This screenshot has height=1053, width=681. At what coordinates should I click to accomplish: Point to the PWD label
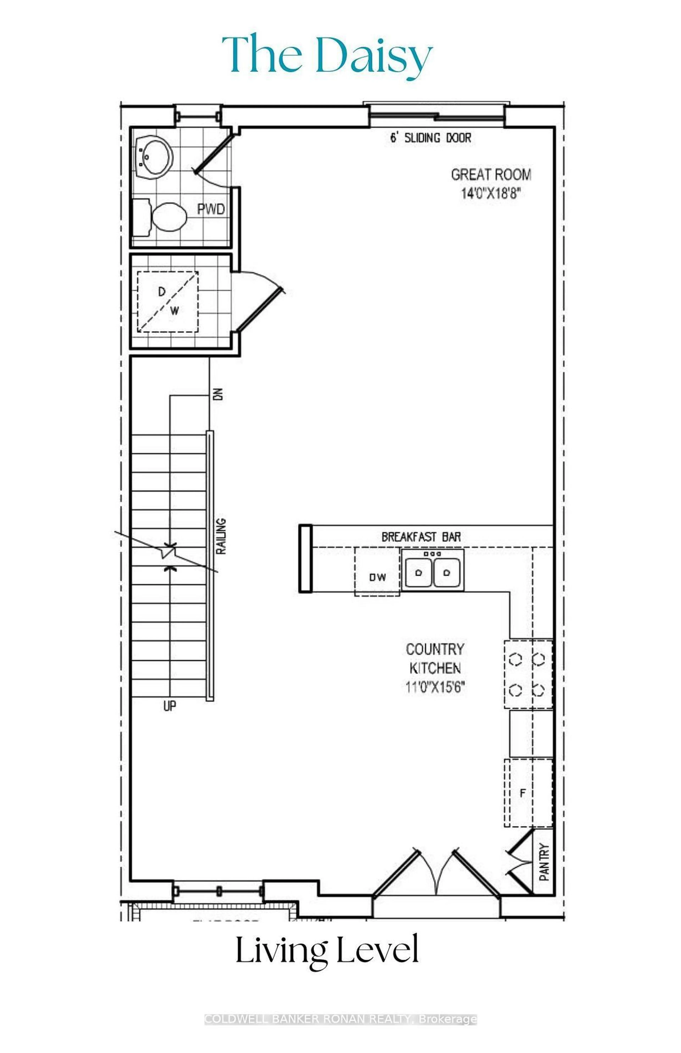pos(211,209)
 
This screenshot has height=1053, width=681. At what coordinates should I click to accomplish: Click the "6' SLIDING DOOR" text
pos(430,138)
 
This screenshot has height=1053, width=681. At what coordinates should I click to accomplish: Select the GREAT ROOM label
pos(491,175)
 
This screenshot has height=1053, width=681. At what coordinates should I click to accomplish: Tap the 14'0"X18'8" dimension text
pos(490,194)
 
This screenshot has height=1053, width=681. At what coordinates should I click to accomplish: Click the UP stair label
pos(169,706)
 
